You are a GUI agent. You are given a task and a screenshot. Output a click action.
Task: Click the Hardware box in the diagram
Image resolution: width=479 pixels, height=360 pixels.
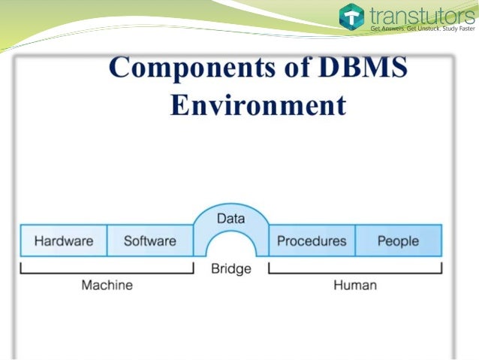64,241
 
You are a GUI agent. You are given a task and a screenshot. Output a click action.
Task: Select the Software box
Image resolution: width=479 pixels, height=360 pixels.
149,241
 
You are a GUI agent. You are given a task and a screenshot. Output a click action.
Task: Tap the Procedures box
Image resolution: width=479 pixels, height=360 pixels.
312,241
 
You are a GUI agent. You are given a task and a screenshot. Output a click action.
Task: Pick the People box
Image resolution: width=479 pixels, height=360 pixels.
398,241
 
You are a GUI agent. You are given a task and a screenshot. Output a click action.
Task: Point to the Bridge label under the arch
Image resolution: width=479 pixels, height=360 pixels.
230,268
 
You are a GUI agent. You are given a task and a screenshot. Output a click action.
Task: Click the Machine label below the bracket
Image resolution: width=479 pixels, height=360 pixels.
107,285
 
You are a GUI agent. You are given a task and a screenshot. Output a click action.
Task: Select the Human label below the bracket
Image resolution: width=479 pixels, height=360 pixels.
355,285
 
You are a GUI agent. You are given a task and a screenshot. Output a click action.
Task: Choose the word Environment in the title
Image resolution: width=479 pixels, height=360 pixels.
258,104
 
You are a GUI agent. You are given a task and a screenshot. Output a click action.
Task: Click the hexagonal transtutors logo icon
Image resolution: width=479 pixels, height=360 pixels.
351,17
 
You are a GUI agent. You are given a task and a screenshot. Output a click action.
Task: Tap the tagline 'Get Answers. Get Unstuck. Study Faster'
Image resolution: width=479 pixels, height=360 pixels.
423,29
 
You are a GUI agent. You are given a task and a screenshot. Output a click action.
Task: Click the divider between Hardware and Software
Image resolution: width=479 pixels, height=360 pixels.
107,241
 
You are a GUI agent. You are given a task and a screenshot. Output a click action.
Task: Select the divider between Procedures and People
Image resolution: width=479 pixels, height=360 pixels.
355,241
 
